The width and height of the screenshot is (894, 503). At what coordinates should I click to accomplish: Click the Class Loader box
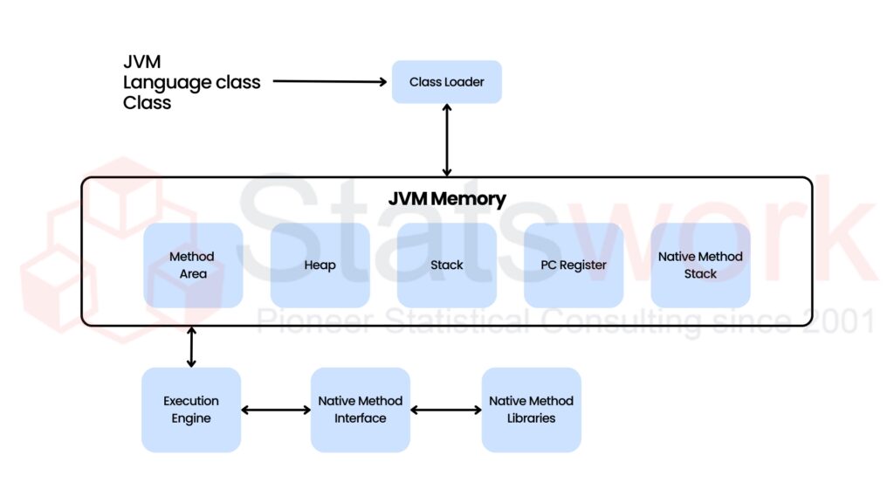click(446, 82)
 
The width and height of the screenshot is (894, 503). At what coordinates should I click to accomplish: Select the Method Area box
click(193, 265)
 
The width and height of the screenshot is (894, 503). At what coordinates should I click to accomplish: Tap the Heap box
click(320, 265)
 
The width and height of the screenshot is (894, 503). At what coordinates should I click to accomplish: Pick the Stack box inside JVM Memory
click(446, 265)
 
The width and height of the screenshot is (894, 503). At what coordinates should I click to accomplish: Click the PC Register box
click(573, 265)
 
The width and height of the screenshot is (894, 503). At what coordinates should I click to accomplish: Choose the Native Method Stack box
click(700, 265)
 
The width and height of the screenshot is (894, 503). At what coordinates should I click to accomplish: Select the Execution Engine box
click(191, 410)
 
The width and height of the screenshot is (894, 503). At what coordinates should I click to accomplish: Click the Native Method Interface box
click(360, 410)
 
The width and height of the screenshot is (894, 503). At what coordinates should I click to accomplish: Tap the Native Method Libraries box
click(531, 410)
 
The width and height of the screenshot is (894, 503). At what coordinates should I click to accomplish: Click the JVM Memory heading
click(446, 198)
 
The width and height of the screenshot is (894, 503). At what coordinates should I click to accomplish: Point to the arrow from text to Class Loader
click(329, 82)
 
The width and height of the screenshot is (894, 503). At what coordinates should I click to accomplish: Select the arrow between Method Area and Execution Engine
click(191, 347)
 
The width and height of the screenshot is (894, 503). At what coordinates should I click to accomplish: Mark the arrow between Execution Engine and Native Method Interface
click(275, 410)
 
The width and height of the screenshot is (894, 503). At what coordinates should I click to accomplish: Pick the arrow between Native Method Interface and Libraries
click(445, 410)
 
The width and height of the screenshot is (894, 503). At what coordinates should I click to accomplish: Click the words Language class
click(191, 82)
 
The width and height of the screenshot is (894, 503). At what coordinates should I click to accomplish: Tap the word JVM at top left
click(141, 63)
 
